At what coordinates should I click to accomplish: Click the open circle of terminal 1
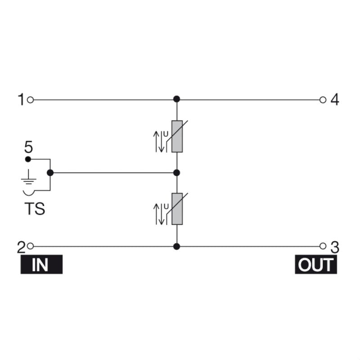pyautogui.click(x=30, y=99)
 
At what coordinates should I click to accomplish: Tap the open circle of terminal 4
pyautogui.click(x=322, y=99)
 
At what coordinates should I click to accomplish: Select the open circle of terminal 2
pyautogui.click(x=30, y=246)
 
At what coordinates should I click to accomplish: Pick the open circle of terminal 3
pyautogui.click(x=322, y=246)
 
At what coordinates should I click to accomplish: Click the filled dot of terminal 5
pyautogui.click(x=28, y=159)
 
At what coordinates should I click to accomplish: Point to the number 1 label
pyautogui.click(x=21, y=99)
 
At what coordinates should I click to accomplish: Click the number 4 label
pyautogui.click(x=334, y=99)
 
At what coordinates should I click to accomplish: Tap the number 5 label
pyautogui.click(x=28, y=147)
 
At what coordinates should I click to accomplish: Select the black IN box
pyautogui.click(x=40, y=265)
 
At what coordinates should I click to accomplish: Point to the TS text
pyautogui.click(x=34, y=209)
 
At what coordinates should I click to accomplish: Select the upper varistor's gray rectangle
pyautogui.click(x=177, y=137)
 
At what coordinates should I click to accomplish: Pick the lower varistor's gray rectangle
pyautogui.click(x=177, y=209)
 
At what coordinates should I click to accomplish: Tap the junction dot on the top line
pyautogui.click(x=177, y=99)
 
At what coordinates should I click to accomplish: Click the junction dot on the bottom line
pyautogui.click(x=177, y=246)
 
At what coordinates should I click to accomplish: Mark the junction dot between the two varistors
pyautogui.click(x=177, y=172)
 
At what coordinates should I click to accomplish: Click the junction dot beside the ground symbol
pyautogui.click(x=50, y=172)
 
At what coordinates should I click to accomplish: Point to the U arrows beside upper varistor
pyautogui.click(x=161, y=140)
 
